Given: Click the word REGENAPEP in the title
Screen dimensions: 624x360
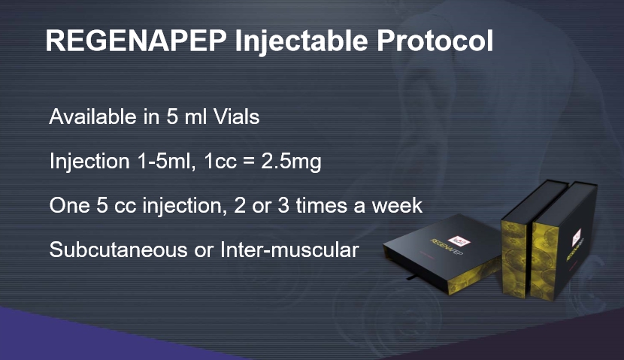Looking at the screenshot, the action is (137, 40).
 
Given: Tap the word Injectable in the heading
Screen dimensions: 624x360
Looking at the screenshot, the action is (301, 41).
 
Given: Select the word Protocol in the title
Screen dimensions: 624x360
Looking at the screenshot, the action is (435, 40).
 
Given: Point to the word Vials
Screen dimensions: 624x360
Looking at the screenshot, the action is (236, 116).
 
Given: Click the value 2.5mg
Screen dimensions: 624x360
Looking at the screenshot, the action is (291, 162).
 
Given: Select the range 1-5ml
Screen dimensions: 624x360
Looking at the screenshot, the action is (166, 161).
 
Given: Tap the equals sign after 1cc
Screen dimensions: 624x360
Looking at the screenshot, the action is (249, 162).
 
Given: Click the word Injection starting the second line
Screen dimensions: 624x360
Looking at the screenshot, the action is (89, 162).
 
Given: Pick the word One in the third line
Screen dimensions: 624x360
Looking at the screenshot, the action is (69, 206).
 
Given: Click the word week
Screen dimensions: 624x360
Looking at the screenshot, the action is (397, 206).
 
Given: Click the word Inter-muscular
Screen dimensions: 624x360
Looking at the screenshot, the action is (289, 250).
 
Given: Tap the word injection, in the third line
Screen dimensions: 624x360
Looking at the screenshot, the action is (182, 206).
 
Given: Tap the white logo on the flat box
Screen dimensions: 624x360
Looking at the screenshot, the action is (459, 241).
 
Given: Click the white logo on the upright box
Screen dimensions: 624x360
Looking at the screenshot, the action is (577, 237).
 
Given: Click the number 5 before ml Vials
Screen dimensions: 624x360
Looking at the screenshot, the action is (172, 116).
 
